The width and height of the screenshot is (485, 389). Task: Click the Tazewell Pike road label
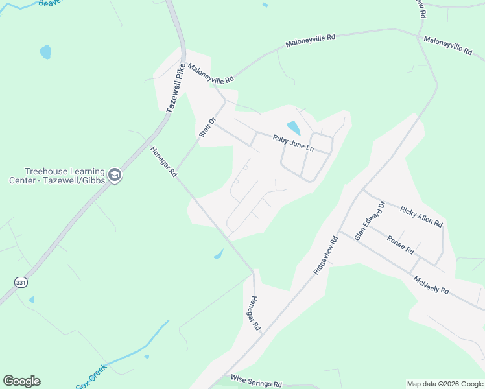[176, 88]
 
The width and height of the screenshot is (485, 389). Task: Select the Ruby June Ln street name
[292, 143]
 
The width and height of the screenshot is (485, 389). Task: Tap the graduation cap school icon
[115, 175]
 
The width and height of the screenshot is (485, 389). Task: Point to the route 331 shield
[20, 282]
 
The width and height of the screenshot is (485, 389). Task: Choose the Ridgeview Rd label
[326, 255]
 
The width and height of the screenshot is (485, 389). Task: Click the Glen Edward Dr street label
[370, 221]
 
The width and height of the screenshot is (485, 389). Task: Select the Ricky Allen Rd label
[421, 217]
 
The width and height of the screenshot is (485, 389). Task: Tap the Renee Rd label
[400, 244]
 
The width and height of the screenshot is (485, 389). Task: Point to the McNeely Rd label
[431, 286]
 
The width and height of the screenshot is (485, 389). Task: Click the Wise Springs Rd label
[256, 381]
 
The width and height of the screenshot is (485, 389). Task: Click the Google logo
[21, 381]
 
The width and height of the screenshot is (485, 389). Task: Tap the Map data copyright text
[445, 384]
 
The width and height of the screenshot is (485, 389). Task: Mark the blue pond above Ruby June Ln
[294, 128]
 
